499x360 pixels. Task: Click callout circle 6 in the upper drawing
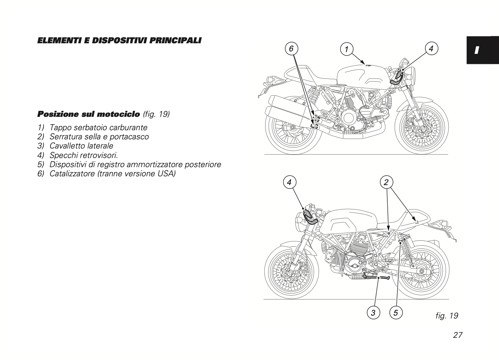tap(291, 49)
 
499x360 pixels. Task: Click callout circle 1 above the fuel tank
tap(347, 49)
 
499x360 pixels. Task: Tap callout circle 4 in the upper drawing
tap(431, 48)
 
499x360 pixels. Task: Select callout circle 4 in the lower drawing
tap(289, 182)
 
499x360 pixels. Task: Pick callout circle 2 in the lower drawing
tap(386, 182)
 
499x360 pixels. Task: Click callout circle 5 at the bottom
tap(396, 312)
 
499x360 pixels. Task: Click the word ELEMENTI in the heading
tap(58, 40)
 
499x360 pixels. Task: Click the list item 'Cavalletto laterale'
tap(81, 146)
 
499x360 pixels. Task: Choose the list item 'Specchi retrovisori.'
tap(84, 155)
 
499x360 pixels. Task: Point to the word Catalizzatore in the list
tap(73, 173)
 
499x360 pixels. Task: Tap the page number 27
tap(457, 335)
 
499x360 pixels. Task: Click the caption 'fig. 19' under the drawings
tap(447, 316)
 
